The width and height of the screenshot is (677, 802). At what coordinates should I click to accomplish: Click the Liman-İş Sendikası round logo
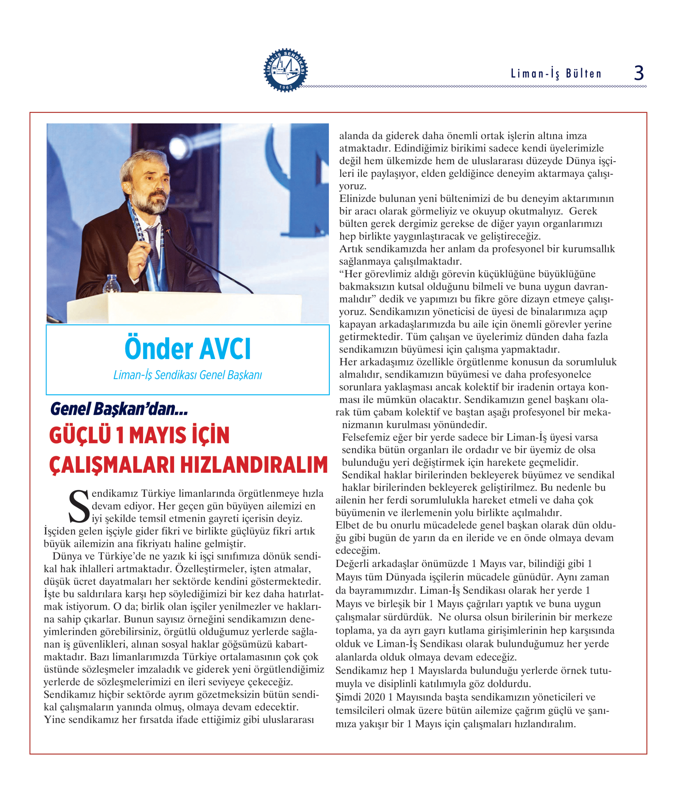click(286, 70)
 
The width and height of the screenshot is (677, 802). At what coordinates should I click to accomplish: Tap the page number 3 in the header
click(639, 73)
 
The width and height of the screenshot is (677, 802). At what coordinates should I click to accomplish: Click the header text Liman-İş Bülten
click(556, 73)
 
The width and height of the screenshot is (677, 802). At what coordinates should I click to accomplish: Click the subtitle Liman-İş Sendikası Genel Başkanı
click(188, 375)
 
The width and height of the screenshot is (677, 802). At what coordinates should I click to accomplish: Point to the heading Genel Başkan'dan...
click(119, 409)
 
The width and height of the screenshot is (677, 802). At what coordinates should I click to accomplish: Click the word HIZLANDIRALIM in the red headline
click(254, 465)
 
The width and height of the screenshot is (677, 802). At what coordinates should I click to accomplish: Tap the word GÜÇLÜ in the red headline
click(80, 435)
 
